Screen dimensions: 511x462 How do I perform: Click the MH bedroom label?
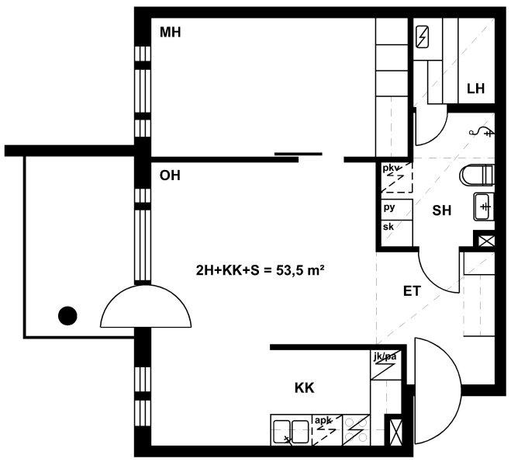coord(170,33)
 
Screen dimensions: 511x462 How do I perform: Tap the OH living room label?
coord(170,175)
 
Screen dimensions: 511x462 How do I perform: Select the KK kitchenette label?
coord(305,388)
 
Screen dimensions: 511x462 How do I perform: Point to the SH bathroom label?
coord(441,210)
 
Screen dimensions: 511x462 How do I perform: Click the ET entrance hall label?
coord(413,291)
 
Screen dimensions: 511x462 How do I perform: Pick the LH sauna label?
coord(476,89)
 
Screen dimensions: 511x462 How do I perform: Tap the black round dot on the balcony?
coord(67,316)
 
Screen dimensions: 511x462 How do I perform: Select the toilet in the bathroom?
coord(476,175)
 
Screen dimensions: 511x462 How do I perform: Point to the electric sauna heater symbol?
coord(423,36)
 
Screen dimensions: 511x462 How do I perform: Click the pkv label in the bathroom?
coord(390,168)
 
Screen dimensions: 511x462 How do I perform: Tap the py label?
coord(389,207)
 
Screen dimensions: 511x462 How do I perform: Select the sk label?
coord(388,227)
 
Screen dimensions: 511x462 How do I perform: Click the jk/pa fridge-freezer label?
coord(385,356)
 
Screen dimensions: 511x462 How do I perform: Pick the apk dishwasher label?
coord(323,420)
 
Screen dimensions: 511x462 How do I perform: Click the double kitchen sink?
coord(291,432)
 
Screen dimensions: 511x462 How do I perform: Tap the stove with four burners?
coord(356,430)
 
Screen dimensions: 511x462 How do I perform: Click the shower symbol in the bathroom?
coord(482,131)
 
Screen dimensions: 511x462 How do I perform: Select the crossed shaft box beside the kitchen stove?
coord(393,429)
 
